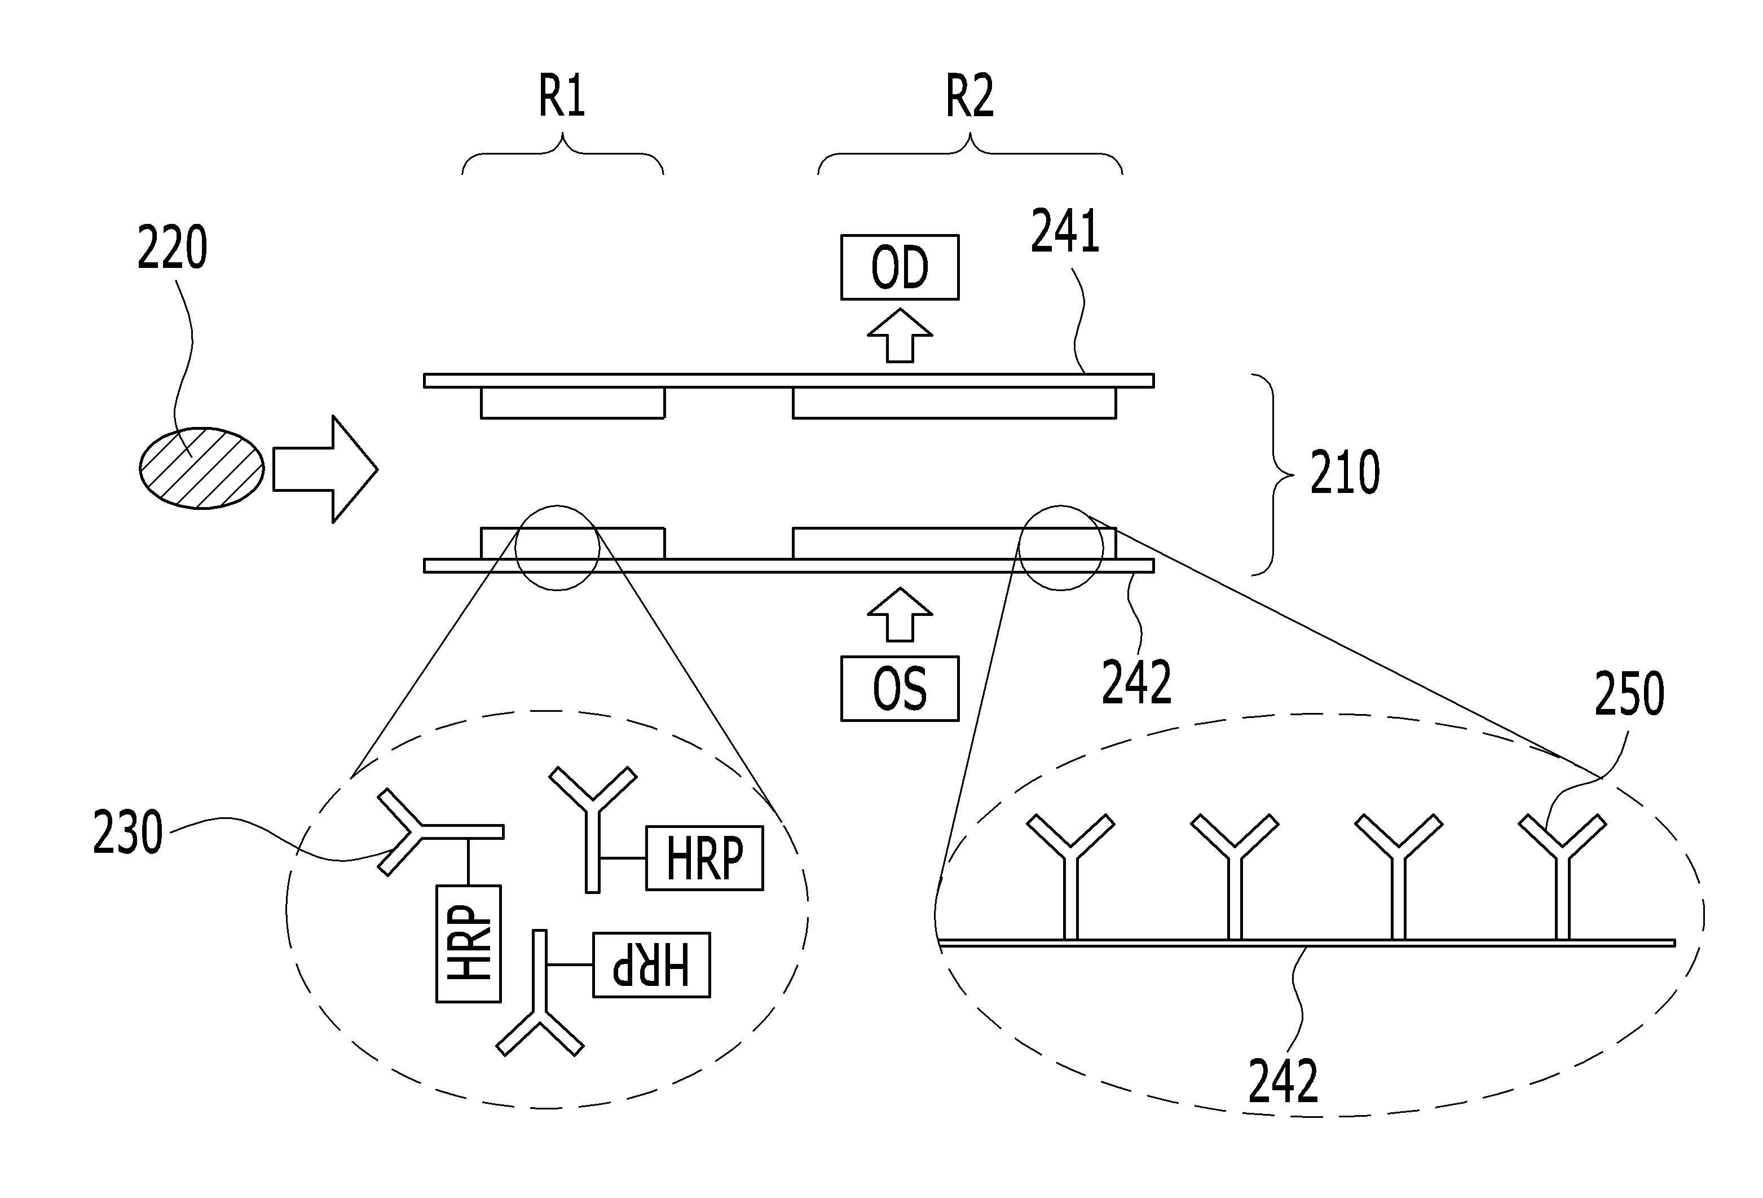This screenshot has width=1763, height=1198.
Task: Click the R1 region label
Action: coord(561,96)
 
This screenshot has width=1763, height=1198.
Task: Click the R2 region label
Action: coord(969,96)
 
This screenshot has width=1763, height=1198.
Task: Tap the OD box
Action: coord(899,267)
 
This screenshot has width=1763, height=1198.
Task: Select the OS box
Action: coord(899,688)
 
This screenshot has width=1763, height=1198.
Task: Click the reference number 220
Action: coord(172,248)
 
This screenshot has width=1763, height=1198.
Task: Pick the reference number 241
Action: coord(1064,232)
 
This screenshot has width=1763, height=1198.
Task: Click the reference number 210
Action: coord(1345,473)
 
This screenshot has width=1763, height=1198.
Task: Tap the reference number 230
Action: coord(127,833)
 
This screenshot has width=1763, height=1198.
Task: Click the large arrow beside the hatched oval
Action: coord(325,469)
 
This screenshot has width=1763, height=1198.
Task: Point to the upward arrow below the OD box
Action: coord(900,336)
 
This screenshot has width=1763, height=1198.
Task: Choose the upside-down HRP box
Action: coord(651,964)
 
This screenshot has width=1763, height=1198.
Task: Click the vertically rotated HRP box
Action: coord(468,943)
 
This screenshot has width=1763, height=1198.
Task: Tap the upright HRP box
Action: coord(704,858)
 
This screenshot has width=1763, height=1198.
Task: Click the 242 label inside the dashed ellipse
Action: coord(1283,1081)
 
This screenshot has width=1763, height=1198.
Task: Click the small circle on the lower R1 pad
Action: coord(557,547)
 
